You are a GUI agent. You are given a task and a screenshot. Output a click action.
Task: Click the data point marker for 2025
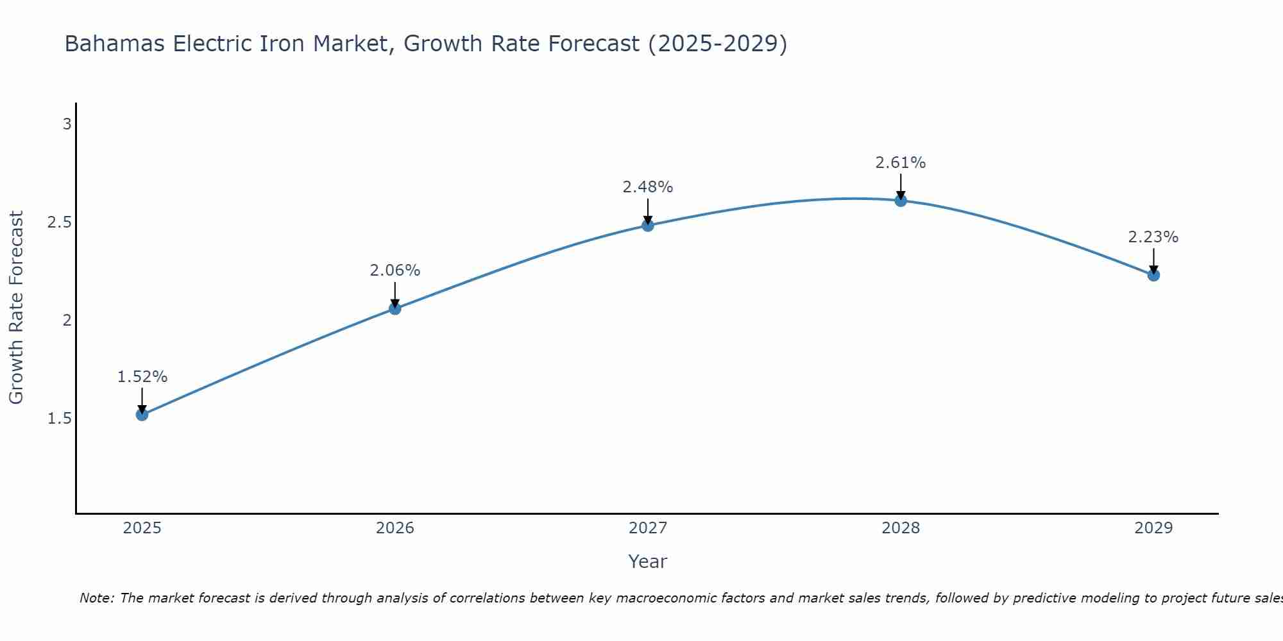[x=142, y=415]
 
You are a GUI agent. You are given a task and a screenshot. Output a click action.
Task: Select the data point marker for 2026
[x=395, y=308]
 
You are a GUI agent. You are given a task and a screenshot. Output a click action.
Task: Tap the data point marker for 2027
[x=647, y=225]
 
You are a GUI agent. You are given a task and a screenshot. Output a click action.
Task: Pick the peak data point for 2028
[x=901, y=200]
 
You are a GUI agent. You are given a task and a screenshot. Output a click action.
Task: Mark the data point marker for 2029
[x=1153, y=275]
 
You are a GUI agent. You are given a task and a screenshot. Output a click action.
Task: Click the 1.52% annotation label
[x=142, y=377]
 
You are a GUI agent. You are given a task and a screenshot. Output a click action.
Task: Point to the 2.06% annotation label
[x=395, y=271]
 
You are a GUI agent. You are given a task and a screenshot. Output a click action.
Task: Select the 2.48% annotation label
[x=647, y=187]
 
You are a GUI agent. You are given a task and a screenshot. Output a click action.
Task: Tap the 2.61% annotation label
[x=901, y=163]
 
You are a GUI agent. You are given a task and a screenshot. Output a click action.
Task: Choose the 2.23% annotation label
[x=1153, y=237]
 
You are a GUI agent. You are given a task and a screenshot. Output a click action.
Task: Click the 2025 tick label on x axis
[x=142, y=528]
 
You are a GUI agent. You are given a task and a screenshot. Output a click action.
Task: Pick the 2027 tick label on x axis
[x=647, y=528]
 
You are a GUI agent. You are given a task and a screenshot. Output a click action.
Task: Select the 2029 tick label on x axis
[x=1153, y=528]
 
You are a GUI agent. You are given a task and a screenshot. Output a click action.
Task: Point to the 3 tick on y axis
[x=67, y=124]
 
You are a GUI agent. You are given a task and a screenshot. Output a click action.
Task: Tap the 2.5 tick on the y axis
[x=59, y=222]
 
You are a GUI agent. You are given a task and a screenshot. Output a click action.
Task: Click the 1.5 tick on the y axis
[x=59, y=419]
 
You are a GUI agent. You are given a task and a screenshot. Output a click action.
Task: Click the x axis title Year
[x=647, y=562]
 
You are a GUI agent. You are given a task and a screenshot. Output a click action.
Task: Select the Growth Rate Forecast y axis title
[x=16, y=308]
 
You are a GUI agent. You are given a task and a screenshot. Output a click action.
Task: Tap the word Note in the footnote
[x=96, y=598]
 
